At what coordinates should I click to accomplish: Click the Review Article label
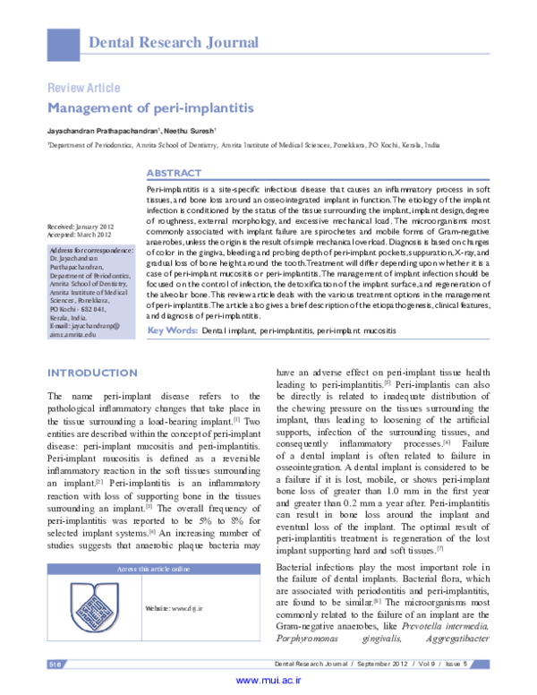point(83,88)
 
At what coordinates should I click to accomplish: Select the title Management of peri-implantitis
point(150,107)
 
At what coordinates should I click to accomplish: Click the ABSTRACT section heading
point(174,173)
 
